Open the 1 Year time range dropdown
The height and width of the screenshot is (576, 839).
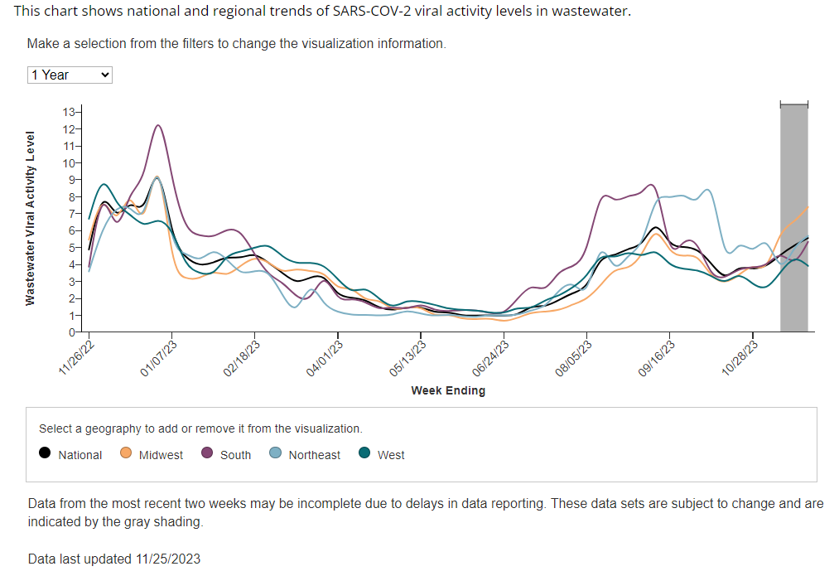[x=70, y=75]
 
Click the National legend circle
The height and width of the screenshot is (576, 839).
[x=45, y=453]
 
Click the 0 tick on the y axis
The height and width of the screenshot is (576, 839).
[x=71, y=332]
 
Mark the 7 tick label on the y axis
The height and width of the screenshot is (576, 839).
[x=71, y=214]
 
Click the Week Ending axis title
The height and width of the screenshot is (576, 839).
[x=448, y=390]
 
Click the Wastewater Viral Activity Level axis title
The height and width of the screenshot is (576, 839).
[x=31, y=218]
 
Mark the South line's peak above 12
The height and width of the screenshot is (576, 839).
[x=157, y=125]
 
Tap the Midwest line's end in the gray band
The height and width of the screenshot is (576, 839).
[x=808, y=207]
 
